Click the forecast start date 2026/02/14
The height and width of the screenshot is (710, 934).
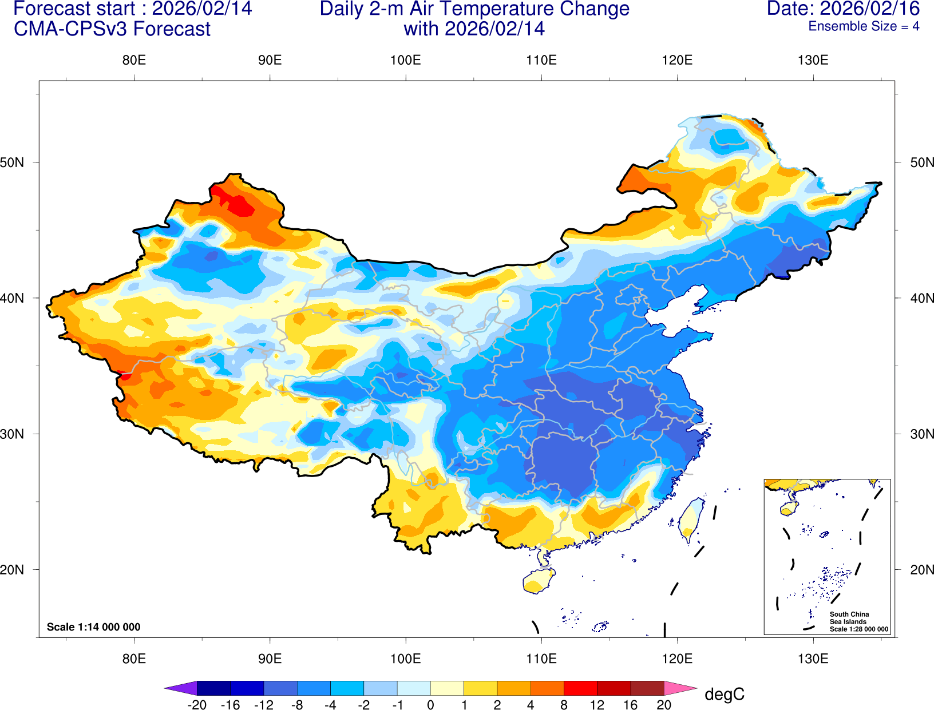[201, 9]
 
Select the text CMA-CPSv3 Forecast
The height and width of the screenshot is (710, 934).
[112, 29]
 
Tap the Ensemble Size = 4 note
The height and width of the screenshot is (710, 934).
[864, 26]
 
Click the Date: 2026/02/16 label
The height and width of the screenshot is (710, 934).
[843, 9]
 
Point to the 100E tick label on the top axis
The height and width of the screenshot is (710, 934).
[405, 60]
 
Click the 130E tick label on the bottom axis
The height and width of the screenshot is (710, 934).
[813, 659]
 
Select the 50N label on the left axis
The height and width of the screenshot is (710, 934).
[13, 162]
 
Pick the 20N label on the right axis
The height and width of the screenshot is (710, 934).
[922, 569]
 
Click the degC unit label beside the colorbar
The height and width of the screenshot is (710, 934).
[724, 694]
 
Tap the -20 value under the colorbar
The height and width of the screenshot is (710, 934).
[197, 705]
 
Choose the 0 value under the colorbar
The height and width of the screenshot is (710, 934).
[430, 705]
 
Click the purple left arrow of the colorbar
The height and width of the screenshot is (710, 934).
[180, 688]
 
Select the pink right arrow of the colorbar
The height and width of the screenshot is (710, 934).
[680, 688]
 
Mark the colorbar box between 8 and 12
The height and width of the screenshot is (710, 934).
[580, 688]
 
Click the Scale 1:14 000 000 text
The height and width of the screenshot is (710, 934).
[93, 627]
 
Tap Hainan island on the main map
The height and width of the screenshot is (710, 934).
[539, 581]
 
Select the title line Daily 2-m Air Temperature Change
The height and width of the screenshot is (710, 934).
[474, 9]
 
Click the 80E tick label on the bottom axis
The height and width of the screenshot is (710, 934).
[134, 659]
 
